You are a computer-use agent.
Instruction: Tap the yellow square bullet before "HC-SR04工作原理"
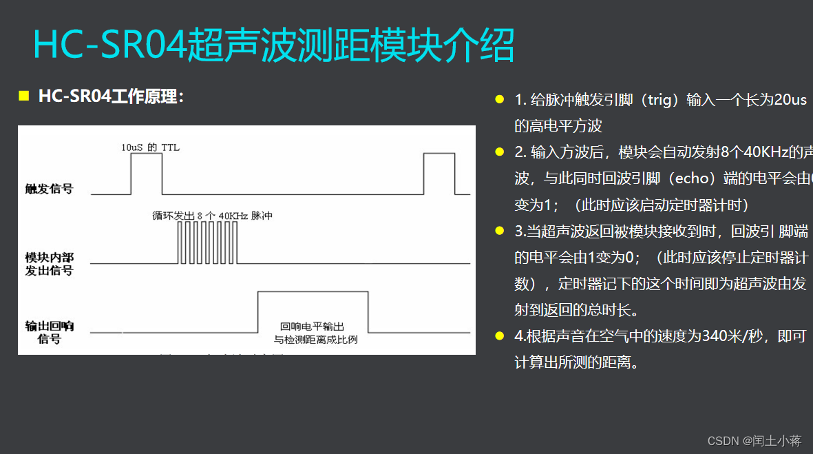[23, 96]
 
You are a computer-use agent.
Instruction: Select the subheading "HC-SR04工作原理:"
[111, 96]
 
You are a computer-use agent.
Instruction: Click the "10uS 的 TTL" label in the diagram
[150, 147]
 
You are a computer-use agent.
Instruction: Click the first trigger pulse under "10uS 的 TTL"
[147, 174]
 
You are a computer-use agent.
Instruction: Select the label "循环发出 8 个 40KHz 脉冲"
[213, 216]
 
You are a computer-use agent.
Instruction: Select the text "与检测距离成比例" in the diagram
[315, 339]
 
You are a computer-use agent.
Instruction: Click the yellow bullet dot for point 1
[500, 100]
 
